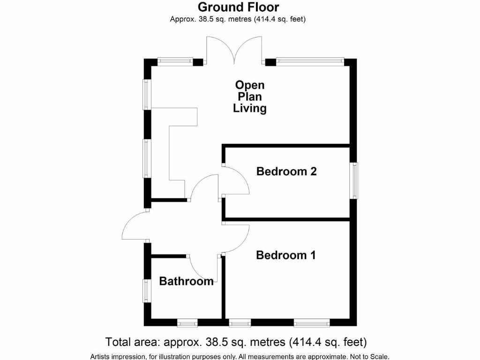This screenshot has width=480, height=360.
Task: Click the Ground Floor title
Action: tap(238, 7)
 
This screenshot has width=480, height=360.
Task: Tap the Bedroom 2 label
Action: tap(286, 172)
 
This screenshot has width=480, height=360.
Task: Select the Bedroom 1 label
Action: tap(285, 255)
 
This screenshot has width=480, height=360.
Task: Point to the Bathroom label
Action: tap(186, 281)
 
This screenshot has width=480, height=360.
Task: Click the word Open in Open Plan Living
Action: tap(249, 85)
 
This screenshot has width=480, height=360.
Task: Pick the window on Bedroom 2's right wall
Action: tap(354, 180)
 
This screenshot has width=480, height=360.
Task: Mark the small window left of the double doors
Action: tap(175, 61)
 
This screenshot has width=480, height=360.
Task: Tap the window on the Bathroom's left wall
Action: tap(147, 291)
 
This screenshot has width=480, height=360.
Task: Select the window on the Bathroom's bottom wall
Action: tap(187, 322)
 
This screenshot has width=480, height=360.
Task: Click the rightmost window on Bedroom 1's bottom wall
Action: tap(311, 322)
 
